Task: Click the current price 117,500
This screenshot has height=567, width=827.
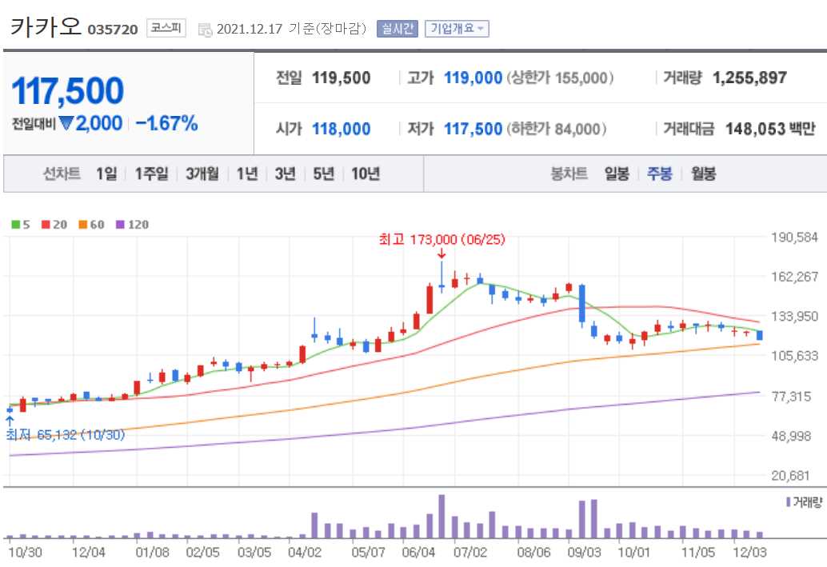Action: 68,91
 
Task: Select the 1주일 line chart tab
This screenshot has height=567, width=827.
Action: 151,174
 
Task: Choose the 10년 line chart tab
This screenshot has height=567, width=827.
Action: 366,174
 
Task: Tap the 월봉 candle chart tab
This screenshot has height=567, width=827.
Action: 703,174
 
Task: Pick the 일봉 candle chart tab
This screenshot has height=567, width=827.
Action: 617,174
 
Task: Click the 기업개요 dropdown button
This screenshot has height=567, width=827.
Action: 457,29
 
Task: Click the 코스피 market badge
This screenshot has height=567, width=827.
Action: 166,29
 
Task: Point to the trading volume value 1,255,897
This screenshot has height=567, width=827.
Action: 749,78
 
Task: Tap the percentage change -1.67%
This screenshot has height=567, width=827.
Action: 166,123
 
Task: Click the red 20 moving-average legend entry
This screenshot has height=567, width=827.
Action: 54,225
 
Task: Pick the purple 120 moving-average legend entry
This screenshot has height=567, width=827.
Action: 133,225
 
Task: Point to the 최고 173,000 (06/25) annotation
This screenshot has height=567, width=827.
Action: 441,239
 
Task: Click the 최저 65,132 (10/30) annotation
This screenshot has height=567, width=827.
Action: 66,435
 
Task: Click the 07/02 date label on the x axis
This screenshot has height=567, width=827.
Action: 469,552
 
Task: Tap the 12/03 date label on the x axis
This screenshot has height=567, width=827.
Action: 750,552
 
